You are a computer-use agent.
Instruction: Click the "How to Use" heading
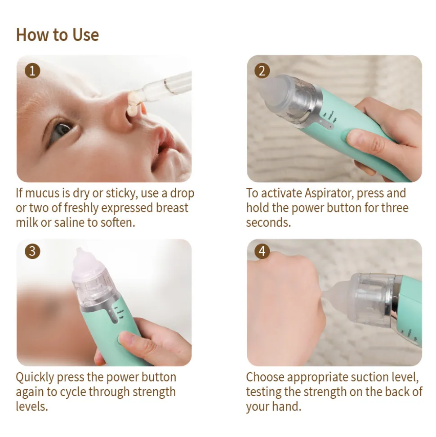(58, 35)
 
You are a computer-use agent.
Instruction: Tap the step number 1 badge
(32, 71)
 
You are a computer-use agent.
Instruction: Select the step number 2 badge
(262, 71)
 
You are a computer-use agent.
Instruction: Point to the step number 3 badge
(32, 252)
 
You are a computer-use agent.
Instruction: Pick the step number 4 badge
(262, 252)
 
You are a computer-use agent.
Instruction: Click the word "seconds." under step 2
(268, 223)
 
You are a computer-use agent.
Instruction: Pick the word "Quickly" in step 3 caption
(35, 378)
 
